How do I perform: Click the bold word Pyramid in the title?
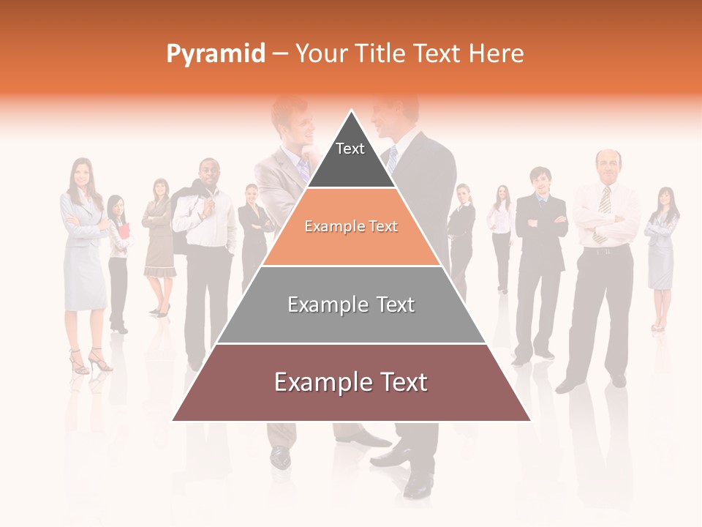pyautogui.click(x=216, y=53)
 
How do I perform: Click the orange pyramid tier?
pyautogui.click(x=351, y=227)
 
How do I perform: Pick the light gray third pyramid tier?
pyautogui.click(x=351, y=304)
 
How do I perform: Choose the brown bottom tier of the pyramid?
pyautogui.click(x=351, y=382)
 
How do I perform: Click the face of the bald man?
pyautogui.click(x=608, y=165)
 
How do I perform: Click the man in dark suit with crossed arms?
pyautogui.click(x=540, y=256)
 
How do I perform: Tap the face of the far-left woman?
pyautogui.click(x=80, y=174)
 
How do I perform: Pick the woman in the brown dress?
pyautogui.click(x=159, y=242)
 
